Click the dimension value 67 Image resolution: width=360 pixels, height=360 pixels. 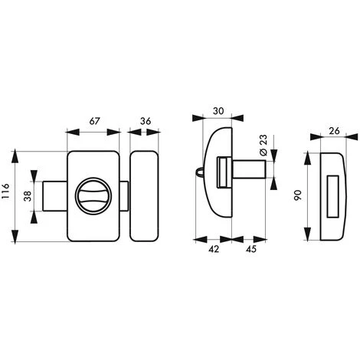click(94, 121)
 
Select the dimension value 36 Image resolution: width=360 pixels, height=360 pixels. click(146, 121)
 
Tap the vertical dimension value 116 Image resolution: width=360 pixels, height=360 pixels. click(5, 191)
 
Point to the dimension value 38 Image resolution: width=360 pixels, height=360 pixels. click(28, 196)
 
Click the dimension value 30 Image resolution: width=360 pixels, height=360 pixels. click(218, 111)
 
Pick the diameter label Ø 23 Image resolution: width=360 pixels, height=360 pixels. click(263, 145)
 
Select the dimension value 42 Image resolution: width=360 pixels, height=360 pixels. click(214, 249)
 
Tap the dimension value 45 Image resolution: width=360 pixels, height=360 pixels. click(251, 249)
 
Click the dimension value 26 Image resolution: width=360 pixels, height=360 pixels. click(335, 131)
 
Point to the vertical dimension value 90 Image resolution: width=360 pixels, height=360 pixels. click(298, 195)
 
